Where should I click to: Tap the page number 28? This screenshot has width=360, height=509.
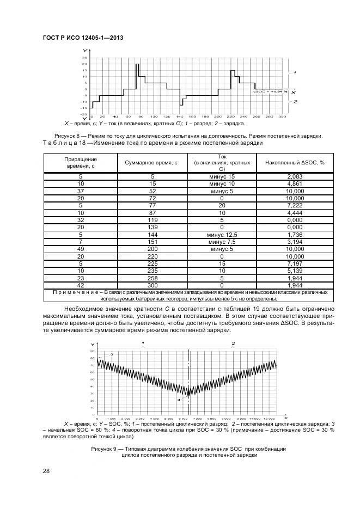click(x=46, y=471)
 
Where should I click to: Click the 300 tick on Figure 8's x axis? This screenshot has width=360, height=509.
click(x=282, y=116)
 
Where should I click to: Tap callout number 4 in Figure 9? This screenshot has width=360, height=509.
click(x=178, y=399)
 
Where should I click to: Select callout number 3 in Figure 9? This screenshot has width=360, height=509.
click(x=112, y=354)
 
